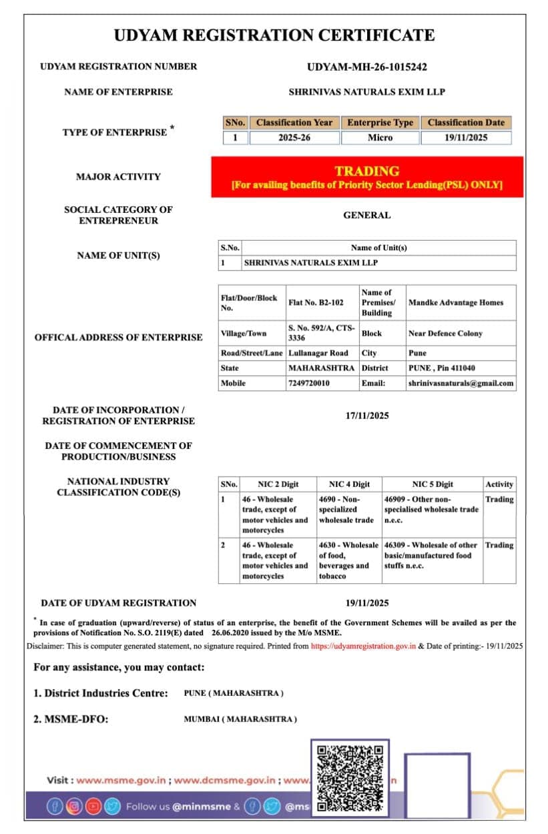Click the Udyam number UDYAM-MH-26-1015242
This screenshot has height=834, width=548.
[x=366, y=67]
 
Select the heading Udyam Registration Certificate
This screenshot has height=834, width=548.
[x=274, y=35]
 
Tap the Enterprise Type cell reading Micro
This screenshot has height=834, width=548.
[x=380, y=137]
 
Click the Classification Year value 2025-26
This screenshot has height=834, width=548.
[x=294, y=137]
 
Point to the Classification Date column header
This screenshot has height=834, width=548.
[x=466, y=123]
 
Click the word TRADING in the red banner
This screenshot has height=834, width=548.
[x=366, y=171]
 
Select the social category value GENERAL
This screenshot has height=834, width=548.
[x=366, y=215]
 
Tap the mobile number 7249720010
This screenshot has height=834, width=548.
[x=308, y=383]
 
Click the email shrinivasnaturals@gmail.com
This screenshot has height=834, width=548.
[x=461, y=383]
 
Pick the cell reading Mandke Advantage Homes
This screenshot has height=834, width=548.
[x=455, y=302]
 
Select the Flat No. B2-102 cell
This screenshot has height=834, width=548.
[x=316, y=302]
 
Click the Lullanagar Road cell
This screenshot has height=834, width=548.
[x=318, y=353]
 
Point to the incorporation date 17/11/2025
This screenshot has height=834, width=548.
[x=366, y=416]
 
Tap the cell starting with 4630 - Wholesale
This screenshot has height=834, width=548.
[x=348, y=560]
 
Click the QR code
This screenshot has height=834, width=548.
[x=350, y=778]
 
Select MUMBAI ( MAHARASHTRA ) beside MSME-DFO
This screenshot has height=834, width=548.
[x=240, y=719]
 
